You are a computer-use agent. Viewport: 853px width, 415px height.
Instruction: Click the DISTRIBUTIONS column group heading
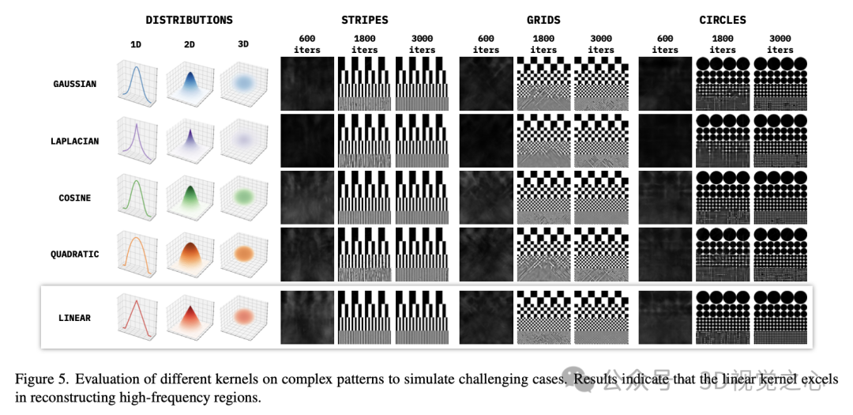[x=189, y=19]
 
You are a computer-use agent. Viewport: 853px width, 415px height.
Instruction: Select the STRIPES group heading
[x=364, y=19]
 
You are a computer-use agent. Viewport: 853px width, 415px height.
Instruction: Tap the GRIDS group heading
[x=543, y=19]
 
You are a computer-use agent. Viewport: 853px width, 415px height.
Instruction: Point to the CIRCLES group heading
[x=722, y=19]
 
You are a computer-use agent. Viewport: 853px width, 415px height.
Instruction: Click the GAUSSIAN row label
[x=75, y=84]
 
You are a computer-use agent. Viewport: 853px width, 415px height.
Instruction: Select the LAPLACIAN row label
[x=75, y=141]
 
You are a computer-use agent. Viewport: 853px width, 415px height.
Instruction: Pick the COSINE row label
[x=75, y=198]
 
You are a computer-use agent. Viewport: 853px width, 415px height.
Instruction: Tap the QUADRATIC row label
[x=75, y=255]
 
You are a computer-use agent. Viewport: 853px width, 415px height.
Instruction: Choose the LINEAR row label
[x=75, y=318]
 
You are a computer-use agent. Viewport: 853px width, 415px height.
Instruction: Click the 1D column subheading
[x=136, y=45]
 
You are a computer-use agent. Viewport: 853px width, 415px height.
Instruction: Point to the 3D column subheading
[x=243, y=45]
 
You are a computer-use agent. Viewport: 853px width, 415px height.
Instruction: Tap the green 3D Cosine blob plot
[x=242, y=198]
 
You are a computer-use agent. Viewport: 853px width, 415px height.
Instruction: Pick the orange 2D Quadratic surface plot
[x=190, y=255]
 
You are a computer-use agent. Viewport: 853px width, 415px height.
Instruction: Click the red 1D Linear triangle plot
[x=137, y=317]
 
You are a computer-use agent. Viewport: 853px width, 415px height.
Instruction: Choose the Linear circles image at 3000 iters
[x=780, y=317]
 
